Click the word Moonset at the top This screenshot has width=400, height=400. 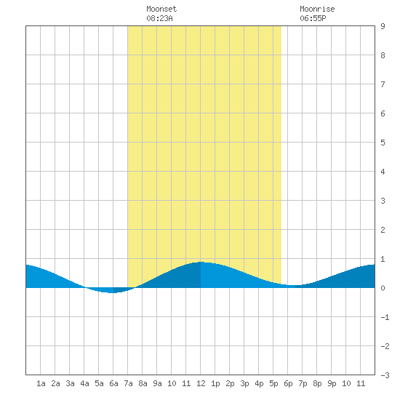coord(161,9)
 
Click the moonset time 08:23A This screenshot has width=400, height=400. coord(159,18)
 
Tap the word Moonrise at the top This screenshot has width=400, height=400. coord(317,9)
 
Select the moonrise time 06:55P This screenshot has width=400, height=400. coord(313,18)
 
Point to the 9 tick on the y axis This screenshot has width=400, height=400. coord(383,26)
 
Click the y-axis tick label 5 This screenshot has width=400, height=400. coord(383,143)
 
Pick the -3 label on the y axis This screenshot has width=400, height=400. coord(385,375)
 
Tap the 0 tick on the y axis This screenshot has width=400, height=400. coord(383,288)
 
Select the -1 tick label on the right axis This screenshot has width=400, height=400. coord(385,317)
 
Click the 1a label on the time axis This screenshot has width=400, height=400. coord(41,383)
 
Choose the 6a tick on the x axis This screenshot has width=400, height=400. coord(113,383)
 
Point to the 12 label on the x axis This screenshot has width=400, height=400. coord(201,383)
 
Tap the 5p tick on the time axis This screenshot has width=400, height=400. coord(273,383)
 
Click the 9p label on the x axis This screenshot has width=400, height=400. coord(332,383)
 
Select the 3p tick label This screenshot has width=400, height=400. coord(244,383)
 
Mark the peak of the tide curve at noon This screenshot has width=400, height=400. coord(201,262)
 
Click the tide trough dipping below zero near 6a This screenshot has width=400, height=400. coord(112,292)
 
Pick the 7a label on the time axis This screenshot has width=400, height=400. coord(128,383)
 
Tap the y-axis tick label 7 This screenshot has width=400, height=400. coord(383,84)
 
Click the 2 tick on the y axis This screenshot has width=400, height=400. coord(383,230)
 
